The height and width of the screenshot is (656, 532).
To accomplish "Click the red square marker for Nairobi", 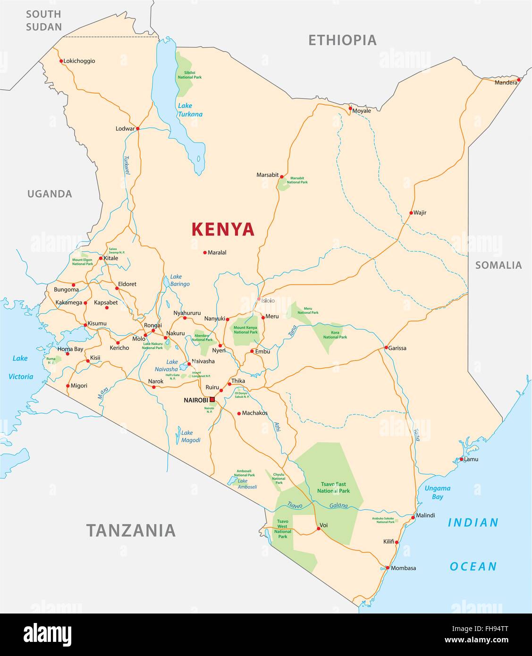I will pos(212,400).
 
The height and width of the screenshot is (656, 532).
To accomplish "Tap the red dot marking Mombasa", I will pos(388,568).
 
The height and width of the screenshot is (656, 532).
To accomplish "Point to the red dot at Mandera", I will pos(519,80).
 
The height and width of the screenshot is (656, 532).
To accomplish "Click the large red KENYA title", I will pos(223,229).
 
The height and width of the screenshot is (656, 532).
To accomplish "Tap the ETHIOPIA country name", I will pos(342,41).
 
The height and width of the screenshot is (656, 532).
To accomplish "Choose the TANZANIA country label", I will pos(131,530).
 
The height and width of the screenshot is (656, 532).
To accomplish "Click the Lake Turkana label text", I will pos(190,110).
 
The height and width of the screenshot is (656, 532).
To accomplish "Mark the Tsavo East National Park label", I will pos(333,488).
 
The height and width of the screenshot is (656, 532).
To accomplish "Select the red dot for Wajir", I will pos(411,213).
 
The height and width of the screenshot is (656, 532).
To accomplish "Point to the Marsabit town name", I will pos(267,175).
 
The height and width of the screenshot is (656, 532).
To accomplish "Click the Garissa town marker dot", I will pos(386,348).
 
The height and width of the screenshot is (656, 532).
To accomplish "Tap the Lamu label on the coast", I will pos(471,459).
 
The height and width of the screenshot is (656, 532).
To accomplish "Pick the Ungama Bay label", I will pos(437,492).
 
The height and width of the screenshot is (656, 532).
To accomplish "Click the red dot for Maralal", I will pos(205,252).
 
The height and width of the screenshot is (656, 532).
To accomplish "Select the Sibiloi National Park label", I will pos(189,75).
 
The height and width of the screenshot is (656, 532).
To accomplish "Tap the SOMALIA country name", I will pos(498,265).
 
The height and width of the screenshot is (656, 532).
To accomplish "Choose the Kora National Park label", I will pos(335,335).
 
